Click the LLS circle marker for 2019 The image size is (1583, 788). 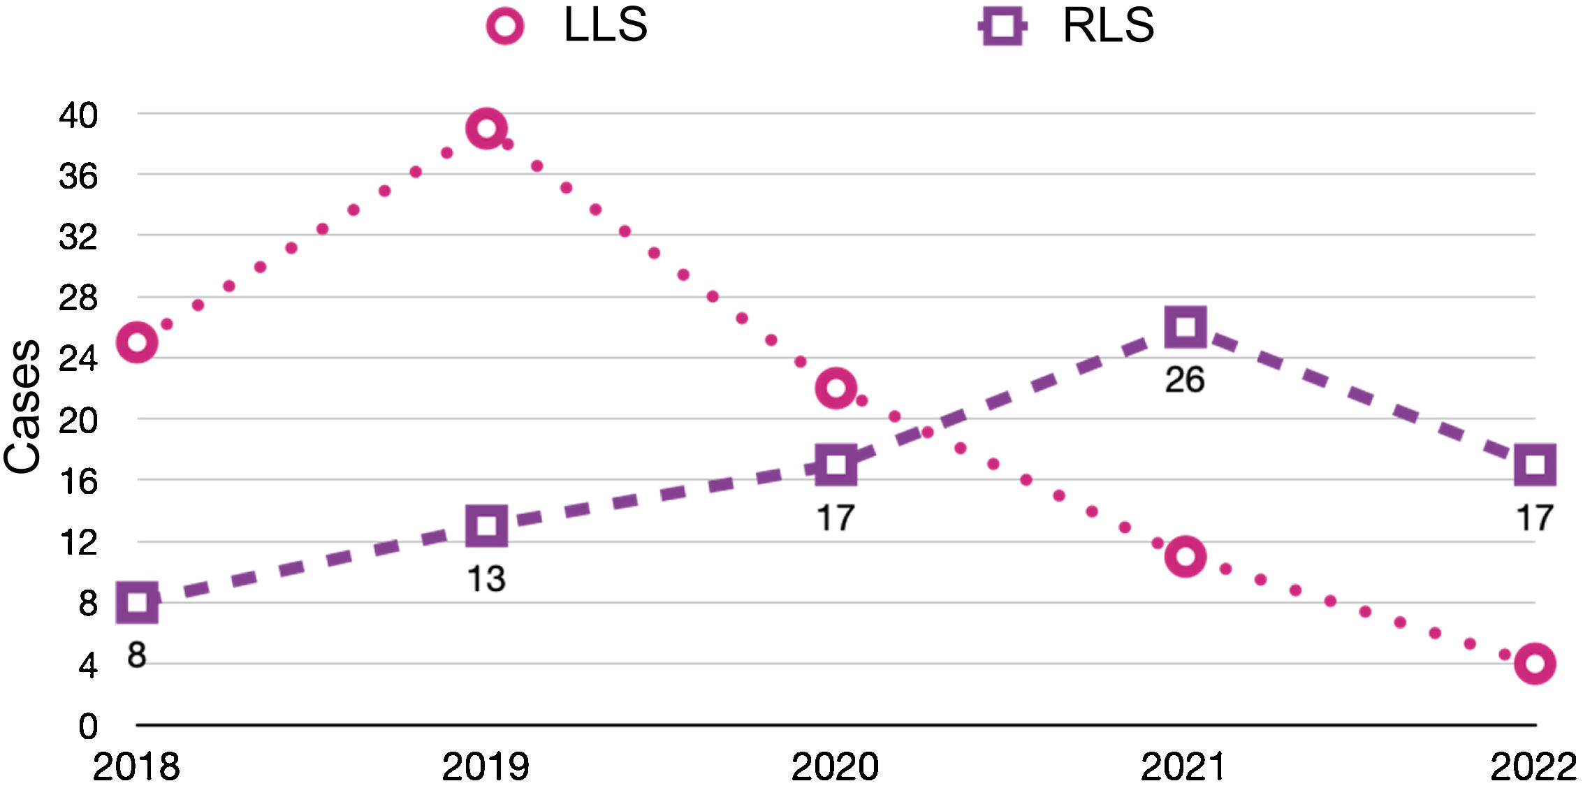[486, 129]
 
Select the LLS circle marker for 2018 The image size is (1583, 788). [137, 342]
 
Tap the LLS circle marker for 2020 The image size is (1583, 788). [836, 388]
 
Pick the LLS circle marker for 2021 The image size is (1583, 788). [1185, 557]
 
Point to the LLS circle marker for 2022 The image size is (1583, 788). [1534, 662]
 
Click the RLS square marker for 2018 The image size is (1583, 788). [137, 601]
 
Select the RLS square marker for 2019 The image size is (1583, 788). [486, 525]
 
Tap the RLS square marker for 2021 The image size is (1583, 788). [1185, 327]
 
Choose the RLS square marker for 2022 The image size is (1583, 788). [1534, 465]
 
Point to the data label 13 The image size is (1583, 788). [486, 579]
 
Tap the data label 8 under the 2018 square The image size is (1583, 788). [137, 655]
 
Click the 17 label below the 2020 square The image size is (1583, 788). [836, 518]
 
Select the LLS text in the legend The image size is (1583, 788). [605, 25]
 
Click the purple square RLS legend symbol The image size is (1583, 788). [1002, 27]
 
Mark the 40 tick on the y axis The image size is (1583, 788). [78, 115]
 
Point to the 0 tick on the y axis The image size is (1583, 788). [88, 727]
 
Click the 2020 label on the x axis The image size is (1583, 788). [835, 766]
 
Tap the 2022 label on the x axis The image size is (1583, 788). [1533, 766]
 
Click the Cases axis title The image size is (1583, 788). [22, 407]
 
